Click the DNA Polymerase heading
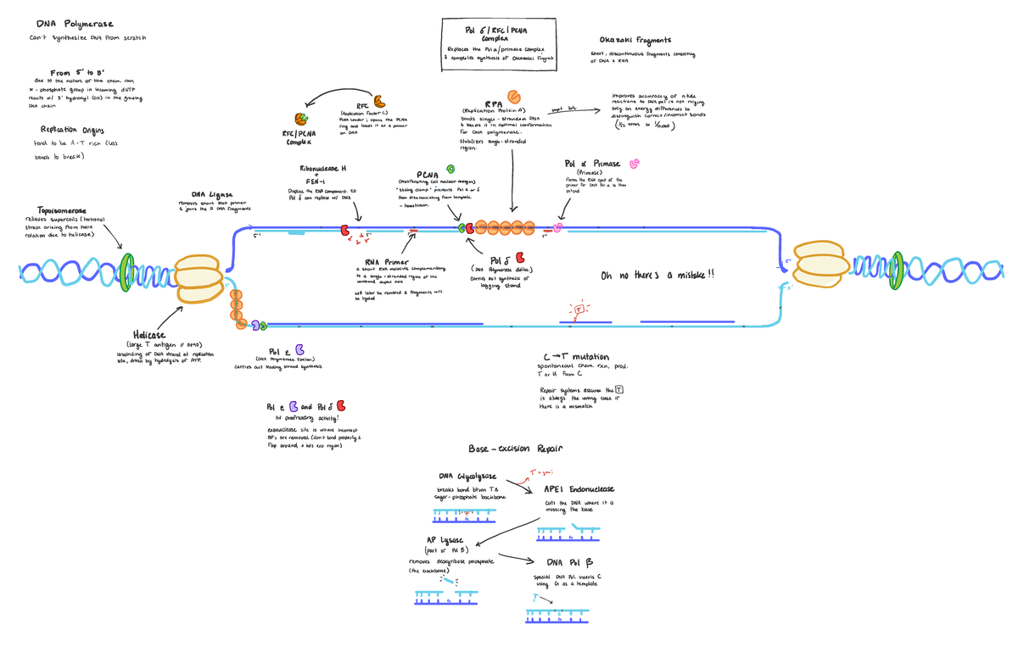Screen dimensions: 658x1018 75,25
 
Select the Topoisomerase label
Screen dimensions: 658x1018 62,210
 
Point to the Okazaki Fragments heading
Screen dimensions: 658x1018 635,40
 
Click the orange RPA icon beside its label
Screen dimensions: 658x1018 514,97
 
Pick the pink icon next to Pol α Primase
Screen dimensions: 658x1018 634,163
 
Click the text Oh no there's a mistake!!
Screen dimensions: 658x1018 657,275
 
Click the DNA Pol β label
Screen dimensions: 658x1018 570,562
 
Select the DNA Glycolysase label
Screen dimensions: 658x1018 467,477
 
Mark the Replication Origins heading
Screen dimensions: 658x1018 71,130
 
